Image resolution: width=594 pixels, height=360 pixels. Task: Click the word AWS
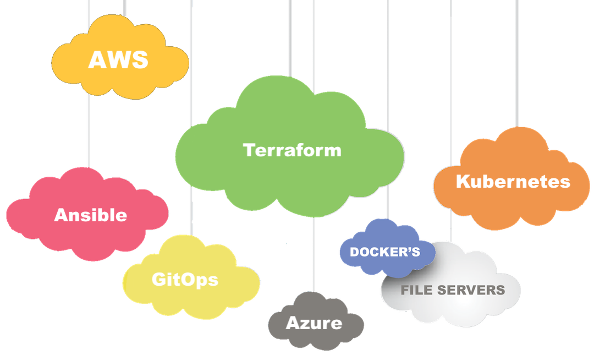[118, 59]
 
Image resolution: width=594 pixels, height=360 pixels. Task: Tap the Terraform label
[292, 150]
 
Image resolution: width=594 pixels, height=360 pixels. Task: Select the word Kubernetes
[513, 182]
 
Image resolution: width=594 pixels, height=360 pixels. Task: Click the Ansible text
[90, 215]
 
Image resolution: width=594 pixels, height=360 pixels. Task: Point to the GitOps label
[185, 280]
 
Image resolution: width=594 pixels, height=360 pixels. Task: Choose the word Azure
[313, 323]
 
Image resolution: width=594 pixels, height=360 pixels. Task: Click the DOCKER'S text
[385, 252]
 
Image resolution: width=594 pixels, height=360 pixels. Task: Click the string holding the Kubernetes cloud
[517, 61]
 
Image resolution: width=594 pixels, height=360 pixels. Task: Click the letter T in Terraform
[248, 150]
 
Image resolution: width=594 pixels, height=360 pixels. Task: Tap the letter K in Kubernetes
[461, 182]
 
